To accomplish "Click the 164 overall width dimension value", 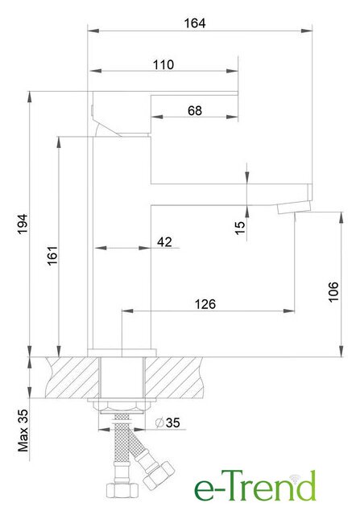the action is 195,23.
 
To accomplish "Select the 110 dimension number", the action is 163,64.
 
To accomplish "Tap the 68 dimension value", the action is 195,111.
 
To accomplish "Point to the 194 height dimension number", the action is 23,224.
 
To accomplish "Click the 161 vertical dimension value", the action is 52,255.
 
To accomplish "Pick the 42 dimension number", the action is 164,242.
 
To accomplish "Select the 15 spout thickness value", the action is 240,228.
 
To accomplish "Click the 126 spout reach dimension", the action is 205,304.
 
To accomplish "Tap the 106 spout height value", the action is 333,291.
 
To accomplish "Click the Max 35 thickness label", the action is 23,431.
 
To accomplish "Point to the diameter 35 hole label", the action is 168,422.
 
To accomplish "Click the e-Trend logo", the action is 255,486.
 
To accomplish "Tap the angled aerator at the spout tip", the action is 294,208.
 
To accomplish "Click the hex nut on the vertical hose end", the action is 122,490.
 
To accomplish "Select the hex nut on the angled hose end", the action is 159,474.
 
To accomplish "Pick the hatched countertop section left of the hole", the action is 72,377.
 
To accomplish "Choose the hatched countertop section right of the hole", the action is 174,377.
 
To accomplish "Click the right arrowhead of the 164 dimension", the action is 307,31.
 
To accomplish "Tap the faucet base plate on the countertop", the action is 122,353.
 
